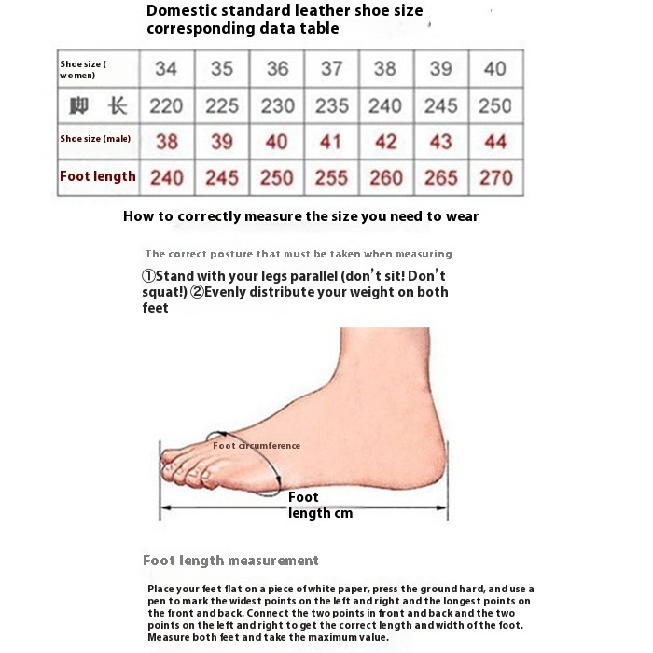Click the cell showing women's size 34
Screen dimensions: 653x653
pos(166,69)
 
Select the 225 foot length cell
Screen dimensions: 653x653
pos(222,105)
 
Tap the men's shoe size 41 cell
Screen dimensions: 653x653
pos(331,141)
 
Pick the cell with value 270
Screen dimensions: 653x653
pos(494,177)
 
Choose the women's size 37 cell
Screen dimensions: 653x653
pos(331,69)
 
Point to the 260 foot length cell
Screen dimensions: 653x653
pos(385,177)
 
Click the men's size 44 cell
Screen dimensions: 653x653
pos(494,141)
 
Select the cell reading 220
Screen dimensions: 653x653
pos(166,105)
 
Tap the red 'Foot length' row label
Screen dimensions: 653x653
pos(98,176)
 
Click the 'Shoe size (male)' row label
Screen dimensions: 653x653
pos(95,139)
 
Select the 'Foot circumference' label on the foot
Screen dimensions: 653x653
pos(257,446)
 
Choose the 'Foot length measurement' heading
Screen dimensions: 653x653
pos(230,561)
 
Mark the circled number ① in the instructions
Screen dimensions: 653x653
pos(148,276)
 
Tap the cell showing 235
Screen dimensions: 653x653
pos(331,105)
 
